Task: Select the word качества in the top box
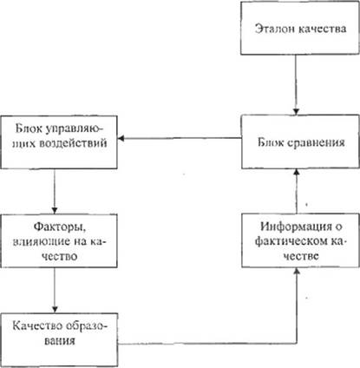(322, 29)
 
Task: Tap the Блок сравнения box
(300, 141)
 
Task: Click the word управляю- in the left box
(75, 128)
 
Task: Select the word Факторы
(60, 227)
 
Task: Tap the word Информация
(296, 227)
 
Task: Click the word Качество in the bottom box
(37, 326)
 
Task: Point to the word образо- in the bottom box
(87, 326)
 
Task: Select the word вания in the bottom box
(60, 340)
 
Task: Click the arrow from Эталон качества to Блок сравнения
(296, 85)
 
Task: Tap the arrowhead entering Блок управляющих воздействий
(121, 138)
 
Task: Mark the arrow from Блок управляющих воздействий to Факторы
(55, 192)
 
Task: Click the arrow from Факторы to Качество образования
(55, 290)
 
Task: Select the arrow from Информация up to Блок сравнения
(296, 192)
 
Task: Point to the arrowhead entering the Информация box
(297, 271)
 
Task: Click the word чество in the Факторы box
(60, 256)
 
